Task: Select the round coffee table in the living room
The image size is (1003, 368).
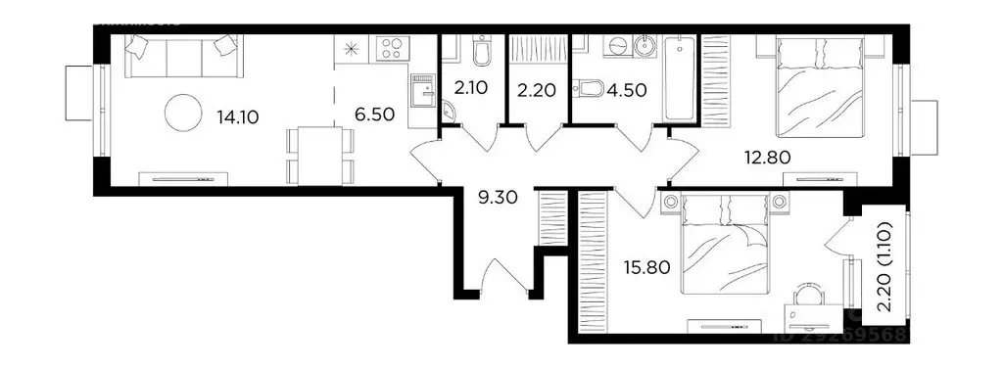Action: (183, 114)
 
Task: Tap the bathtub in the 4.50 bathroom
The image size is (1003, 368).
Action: (679, 77)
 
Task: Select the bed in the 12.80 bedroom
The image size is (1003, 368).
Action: (819, 86)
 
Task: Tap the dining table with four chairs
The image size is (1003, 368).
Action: (315, 155)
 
